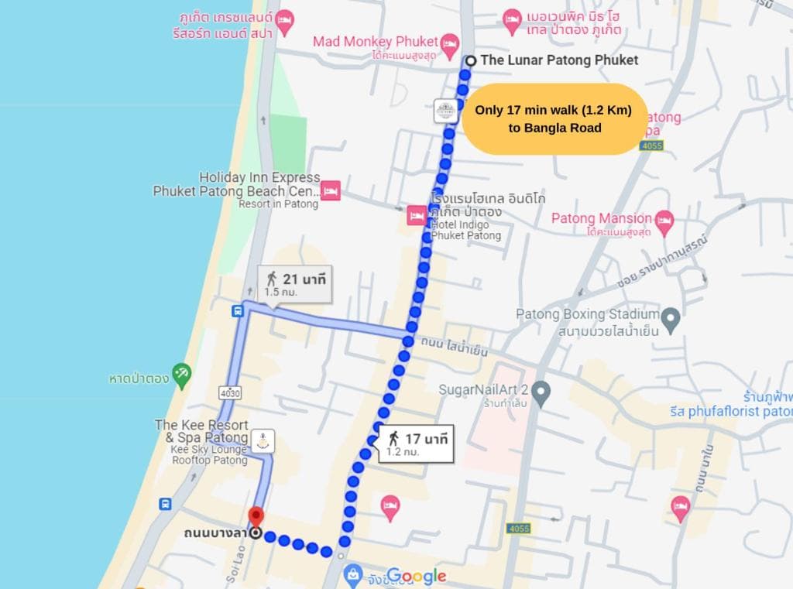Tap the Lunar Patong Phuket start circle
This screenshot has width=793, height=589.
470,60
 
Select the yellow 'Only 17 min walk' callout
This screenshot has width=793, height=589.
553,119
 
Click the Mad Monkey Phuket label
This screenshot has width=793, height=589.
375,41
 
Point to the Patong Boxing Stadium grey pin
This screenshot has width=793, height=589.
671,317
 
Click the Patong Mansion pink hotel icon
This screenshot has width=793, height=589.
664,221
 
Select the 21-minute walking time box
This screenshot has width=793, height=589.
294,284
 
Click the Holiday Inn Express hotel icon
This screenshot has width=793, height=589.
331,190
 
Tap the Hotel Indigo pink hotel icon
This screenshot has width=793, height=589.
417,215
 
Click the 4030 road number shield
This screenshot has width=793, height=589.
230,393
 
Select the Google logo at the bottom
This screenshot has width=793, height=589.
417,576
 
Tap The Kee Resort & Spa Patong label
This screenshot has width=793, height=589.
201,431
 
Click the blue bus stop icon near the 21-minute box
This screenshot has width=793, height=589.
238,311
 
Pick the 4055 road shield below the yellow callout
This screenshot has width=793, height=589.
651,145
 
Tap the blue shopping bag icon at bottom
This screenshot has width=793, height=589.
353,574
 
